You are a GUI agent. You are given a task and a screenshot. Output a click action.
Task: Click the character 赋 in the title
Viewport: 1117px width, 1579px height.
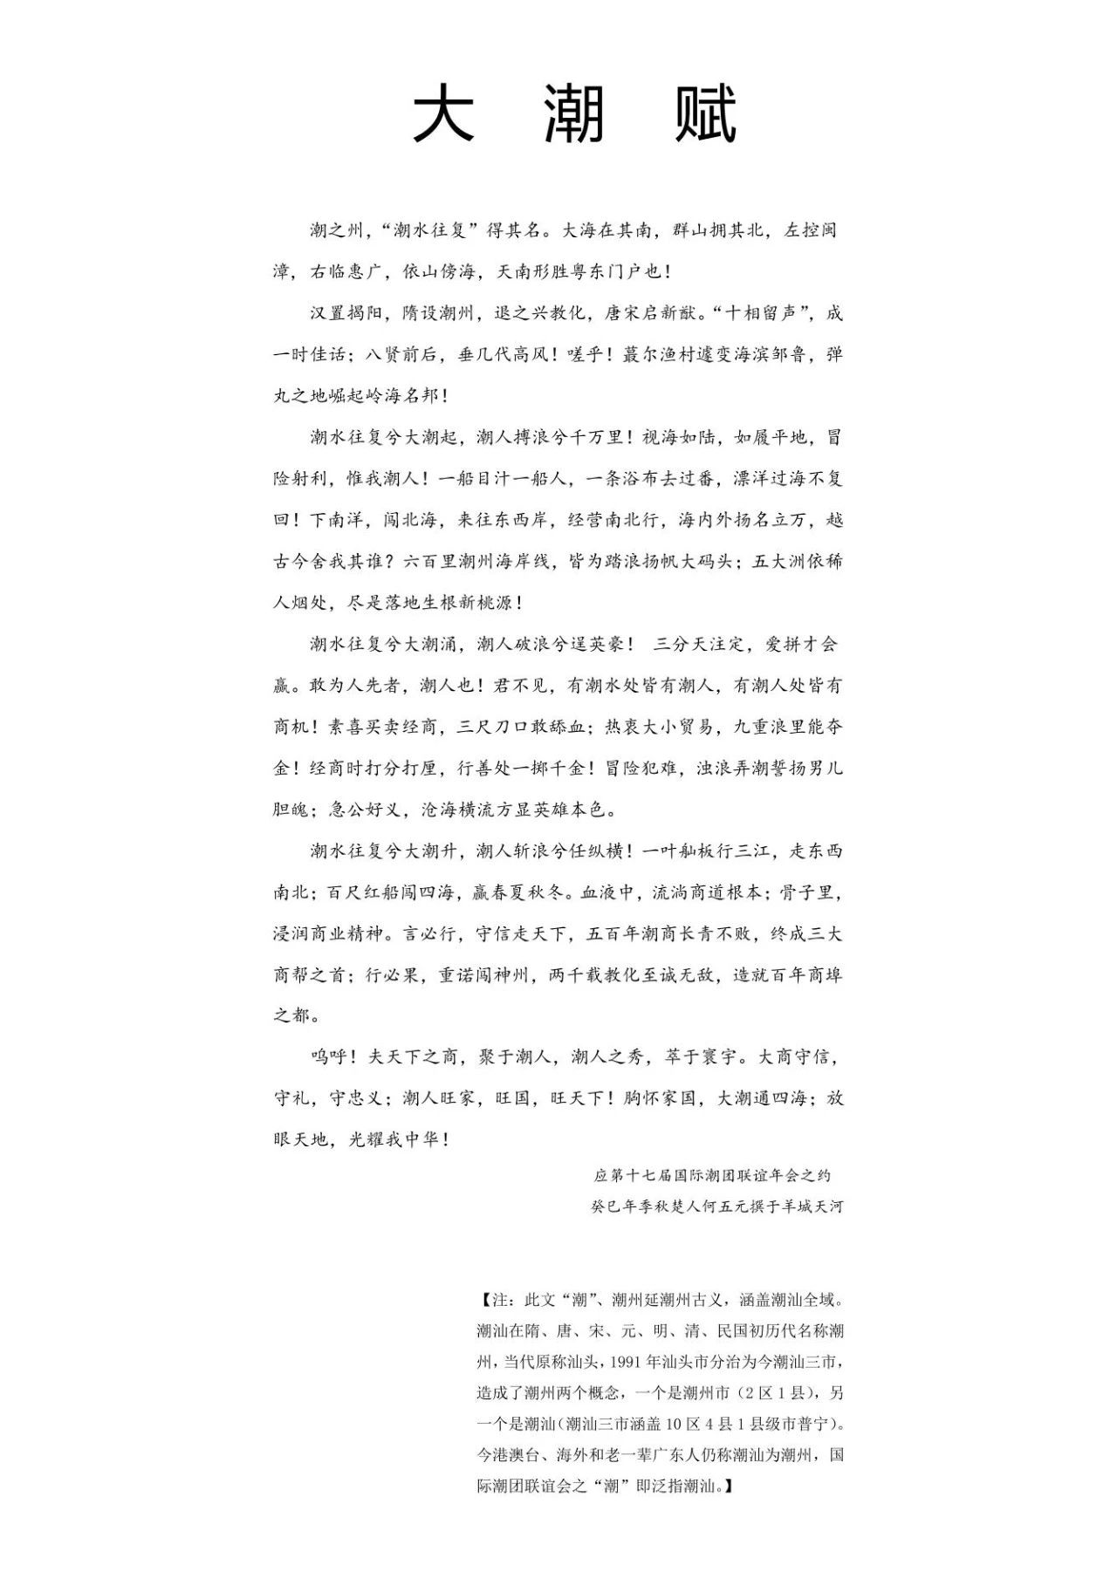tap(705, 114)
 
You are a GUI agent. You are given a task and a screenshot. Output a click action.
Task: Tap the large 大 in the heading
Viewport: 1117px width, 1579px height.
tap(443, 114)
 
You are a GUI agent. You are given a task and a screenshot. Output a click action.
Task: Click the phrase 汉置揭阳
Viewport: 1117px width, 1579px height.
tap(346, 313)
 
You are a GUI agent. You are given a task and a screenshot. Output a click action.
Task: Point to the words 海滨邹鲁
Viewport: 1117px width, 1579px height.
tap(767, 355)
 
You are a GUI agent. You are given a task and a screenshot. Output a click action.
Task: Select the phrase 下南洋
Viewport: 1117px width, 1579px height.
tap(337, 520)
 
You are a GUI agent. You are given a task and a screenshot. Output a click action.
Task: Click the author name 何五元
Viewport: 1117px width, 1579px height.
tap(719, 1207)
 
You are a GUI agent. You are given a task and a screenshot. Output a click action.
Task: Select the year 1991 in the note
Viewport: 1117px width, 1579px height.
tap(628, 1361)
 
